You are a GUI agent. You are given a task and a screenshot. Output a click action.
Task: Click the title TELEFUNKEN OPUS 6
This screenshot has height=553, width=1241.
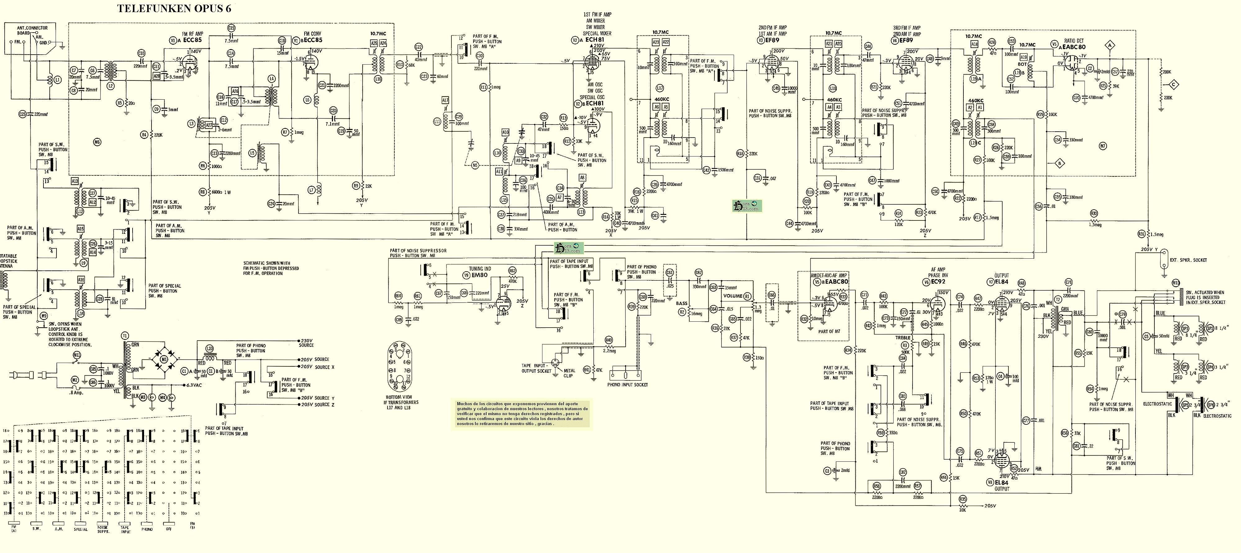click(x=174, y=9)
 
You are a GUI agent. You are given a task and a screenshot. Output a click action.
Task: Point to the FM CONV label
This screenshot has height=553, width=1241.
click(x=313, y=34)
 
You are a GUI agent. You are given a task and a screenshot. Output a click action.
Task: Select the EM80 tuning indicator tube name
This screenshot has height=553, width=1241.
click(x=479, y=275)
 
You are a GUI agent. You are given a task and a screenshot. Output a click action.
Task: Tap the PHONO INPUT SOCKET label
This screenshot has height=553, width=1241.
click(x=627, y=384)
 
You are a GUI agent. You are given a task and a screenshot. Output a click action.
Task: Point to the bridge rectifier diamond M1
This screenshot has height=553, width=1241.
click(x=164, y=359)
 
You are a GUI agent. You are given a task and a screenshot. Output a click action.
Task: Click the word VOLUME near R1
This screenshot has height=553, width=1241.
click(x=733, y=296)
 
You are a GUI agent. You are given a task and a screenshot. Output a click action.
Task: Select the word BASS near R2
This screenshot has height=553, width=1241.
click(x=682, y=303)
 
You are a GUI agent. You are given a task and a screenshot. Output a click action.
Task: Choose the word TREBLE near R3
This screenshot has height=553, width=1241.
click(x=903, y=338)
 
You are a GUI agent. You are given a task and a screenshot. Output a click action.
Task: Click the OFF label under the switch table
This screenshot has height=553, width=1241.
click(x=169, y=529)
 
